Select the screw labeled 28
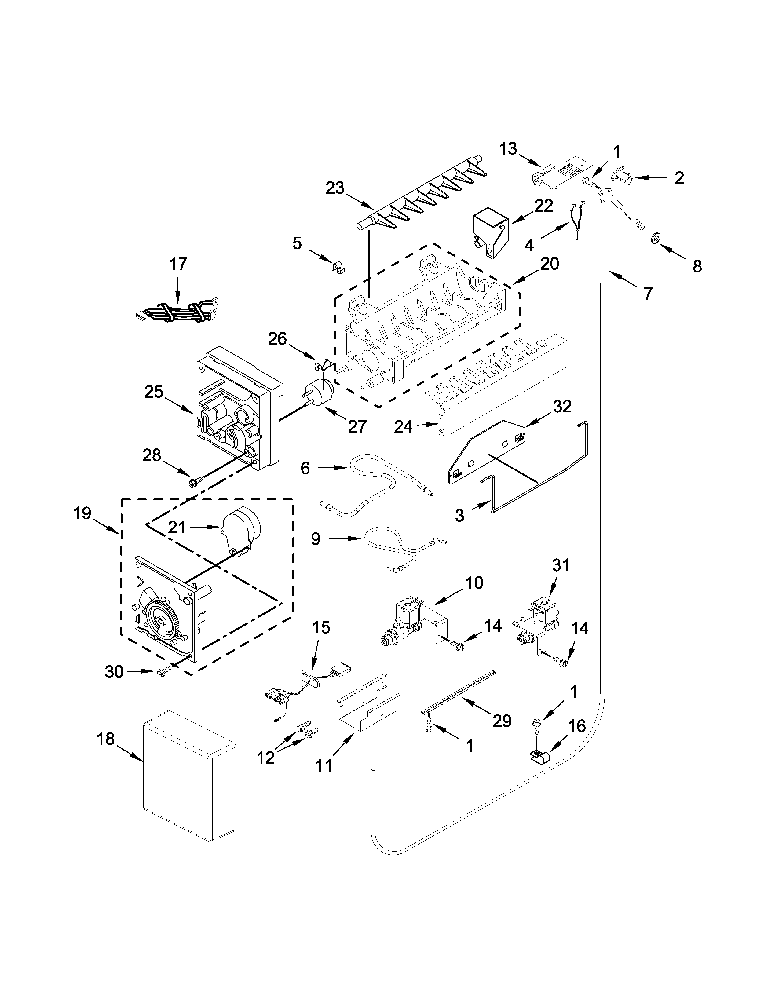coord(192,483)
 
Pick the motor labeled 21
coord(242,531)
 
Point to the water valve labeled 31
coord(538,621)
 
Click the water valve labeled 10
coord(406,621)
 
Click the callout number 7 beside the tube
coord(648,294)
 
